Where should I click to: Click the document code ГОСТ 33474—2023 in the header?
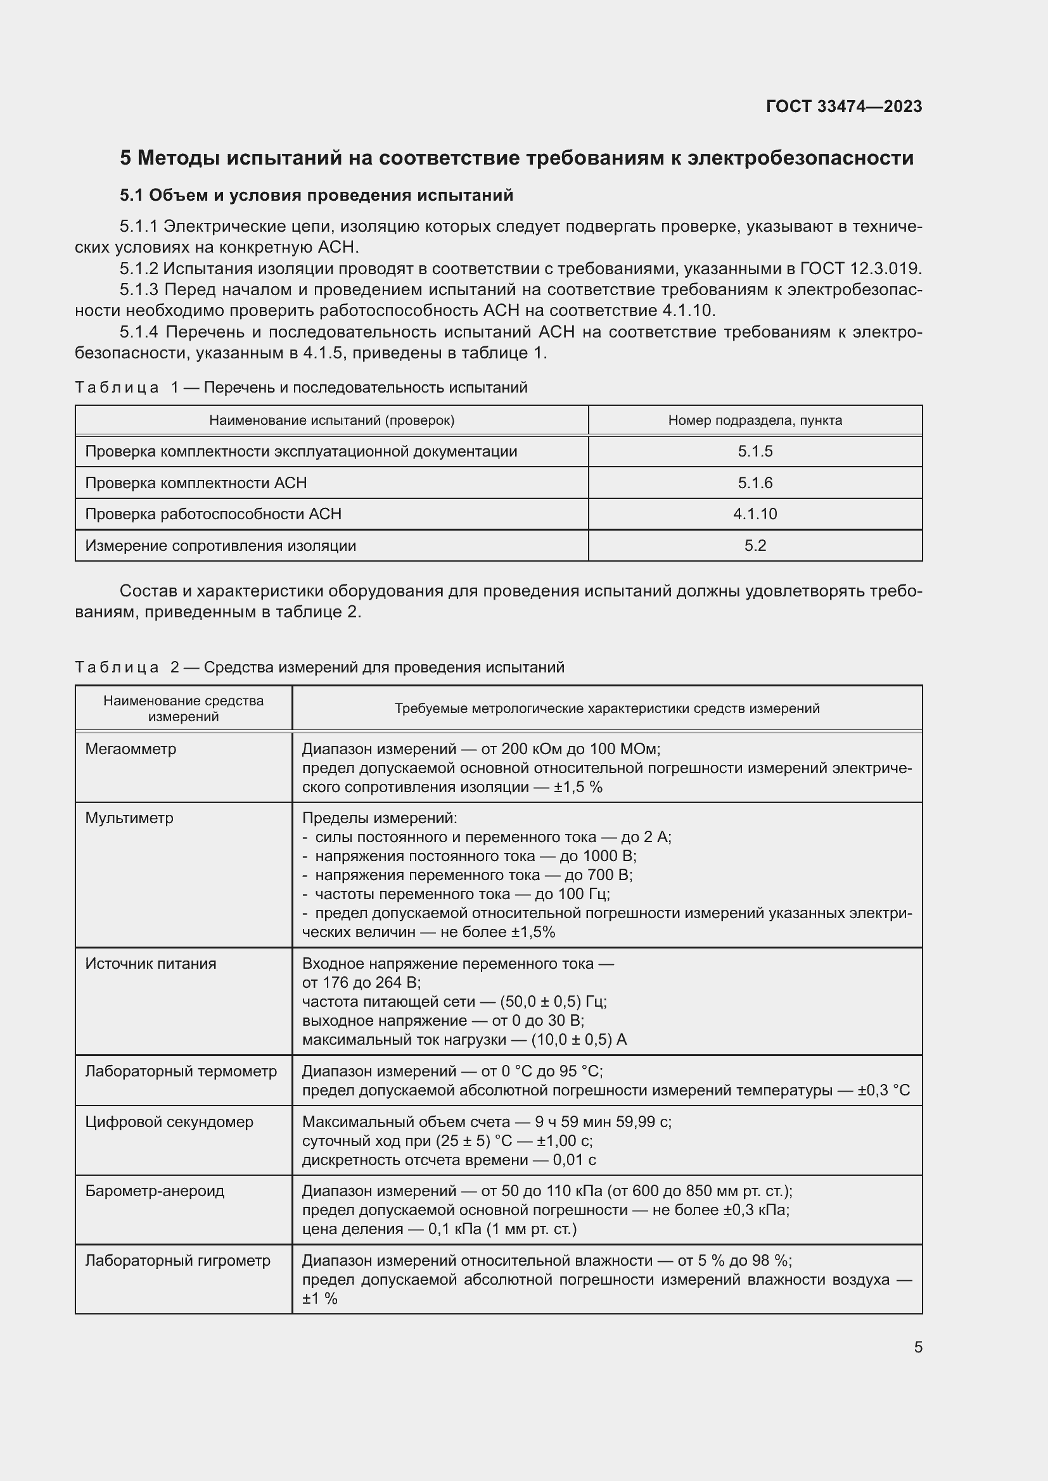843,106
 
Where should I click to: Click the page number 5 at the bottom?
917,1347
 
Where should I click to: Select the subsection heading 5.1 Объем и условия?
316,195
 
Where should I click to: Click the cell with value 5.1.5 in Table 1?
755,451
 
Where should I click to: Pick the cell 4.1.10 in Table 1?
755,514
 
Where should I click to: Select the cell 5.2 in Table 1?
755,546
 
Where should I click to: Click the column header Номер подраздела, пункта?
755,420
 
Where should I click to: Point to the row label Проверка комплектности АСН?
196,483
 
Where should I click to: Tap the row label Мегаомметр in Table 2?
131,749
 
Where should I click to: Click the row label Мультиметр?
129,818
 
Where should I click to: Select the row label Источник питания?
150,964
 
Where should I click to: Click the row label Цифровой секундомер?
169,1122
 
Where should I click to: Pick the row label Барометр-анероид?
155,1191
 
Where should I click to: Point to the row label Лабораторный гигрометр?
177,1261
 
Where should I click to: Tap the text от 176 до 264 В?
361,983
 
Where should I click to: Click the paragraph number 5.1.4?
138,332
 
